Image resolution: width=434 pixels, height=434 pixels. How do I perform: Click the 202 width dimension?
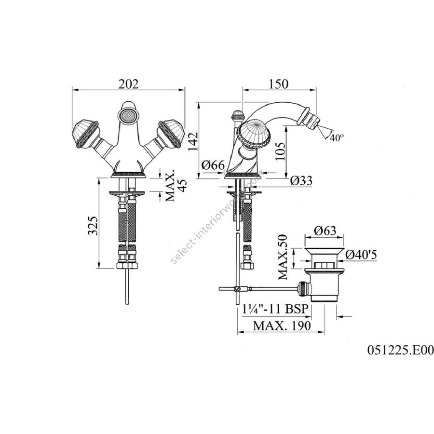coord(128,84)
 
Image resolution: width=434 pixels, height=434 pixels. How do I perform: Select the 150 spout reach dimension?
coord(278,84)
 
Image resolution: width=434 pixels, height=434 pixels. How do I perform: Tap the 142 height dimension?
coord(193,141)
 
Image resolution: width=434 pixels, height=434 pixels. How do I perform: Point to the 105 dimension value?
coord(281,151)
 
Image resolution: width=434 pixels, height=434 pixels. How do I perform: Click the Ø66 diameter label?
coord(213,166)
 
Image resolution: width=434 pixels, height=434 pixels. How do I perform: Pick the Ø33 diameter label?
coord(301,181)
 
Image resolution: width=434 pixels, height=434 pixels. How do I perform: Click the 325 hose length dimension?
coord(93,226)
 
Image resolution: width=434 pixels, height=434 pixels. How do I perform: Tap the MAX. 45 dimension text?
coord(176,185)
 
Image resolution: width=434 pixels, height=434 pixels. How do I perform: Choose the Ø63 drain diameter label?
coord(325,231)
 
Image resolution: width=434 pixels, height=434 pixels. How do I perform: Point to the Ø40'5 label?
coord(361,255)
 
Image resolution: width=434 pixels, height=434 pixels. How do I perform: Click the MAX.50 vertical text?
coord(283,257)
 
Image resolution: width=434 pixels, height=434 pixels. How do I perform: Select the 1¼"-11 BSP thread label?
coord(275,309)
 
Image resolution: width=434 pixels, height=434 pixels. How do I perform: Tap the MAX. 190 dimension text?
coord(282,326)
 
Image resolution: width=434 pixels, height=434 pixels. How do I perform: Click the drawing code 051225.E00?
coord(400,351)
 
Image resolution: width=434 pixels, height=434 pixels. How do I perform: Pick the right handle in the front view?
coord(171,134)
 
